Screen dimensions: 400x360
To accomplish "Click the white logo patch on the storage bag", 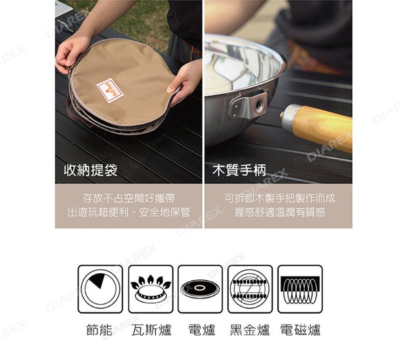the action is [x=110, y=91].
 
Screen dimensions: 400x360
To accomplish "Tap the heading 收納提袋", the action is [x=90, y=170].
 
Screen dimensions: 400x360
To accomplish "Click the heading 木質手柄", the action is [x=239, y=170].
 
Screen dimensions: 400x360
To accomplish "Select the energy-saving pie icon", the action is [x=100, y=289].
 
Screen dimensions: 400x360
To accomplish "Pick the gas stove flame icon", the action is [x=151, y=289].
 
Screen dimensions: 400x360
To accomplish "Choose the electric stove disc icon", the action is [x=200, y=289].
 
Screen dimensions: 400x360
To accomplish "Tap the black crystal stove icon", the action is [x=250, y=289].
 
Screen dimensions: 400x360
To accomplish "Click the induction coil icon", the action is [x=300, y=289].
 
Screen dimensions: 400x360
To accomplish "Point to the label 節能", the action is [x=99, y=330].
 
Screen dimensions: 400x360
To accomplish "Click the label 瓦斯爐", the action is [x=151, y=330].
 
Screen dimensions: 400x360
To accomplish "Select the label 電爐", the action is [x=202, y=330].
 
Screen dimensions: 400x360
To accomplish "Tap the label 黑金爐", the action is [x=249, y=330].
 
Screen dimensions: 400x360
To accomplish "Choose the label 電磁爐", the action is [x=300, y=330].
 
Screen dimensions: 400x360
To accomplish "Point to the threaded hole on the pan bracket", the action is [x=259, y=104].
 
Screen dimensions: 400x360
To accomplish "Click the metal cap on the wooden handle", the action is [x=288, y=117].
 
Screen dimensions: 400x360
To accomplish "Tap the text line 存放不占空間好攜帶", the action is [x=129, y=198].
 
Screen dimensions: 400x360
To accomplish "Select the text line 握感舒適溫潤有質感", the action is [x=280, y=212].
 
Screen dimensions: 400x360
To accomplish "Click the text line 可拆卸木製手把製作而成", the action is [x=280, y=198].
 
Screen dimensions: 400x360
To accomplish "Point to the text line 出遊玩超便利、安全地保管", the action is [x=129, y=212].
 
